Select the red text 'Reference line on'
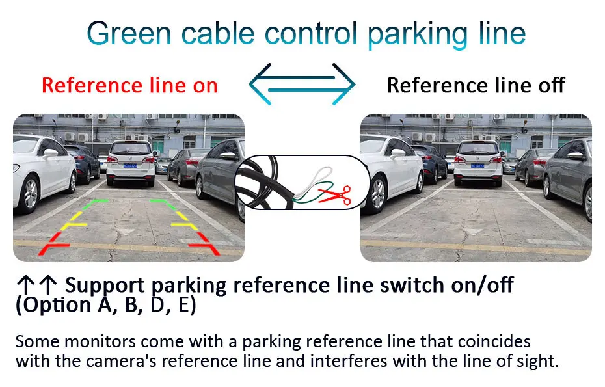pos(129,85)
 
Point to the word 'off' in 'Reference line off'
pos(550,85)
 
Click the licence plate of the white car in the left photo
pos(131,165)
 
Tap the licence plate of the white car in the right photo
pos(478,165)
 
